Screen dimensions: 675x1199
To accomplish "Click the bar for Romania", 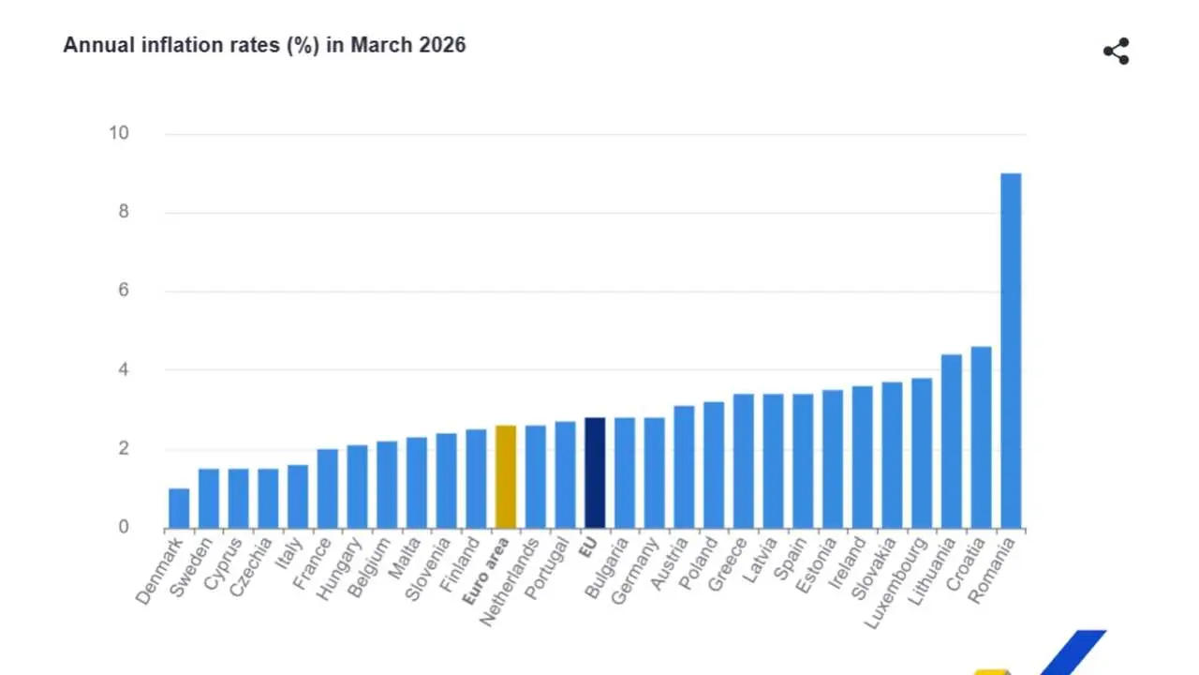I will pos(1011,351).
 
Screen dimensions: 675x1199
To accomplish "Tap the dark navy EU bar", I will pos(594,472).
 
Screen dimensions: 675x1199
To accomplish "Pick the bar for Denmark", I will pos(178,508).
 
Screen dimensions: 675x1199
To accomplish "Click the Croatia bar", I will pos(981,437).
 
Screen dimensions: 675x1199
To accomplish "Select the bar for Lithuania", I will pos(951,441).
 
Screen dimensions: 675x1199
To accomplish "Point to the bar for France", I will pos(327,488).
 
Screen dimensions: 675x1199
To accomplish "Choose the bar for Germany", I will pos(654,472).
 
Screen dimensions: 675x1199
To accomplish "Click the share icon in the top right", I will pos(1116,52).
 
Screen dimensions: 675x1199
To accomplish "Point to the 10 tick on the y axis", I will pos(118,133).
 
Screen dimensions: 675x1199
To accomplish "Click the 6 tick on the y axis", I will pos(124,291).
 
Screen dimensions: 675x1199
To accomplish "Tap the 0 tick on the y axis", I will pos(124,527).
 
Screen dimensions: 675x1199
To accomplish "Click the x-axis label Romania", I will pos(994,565).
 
